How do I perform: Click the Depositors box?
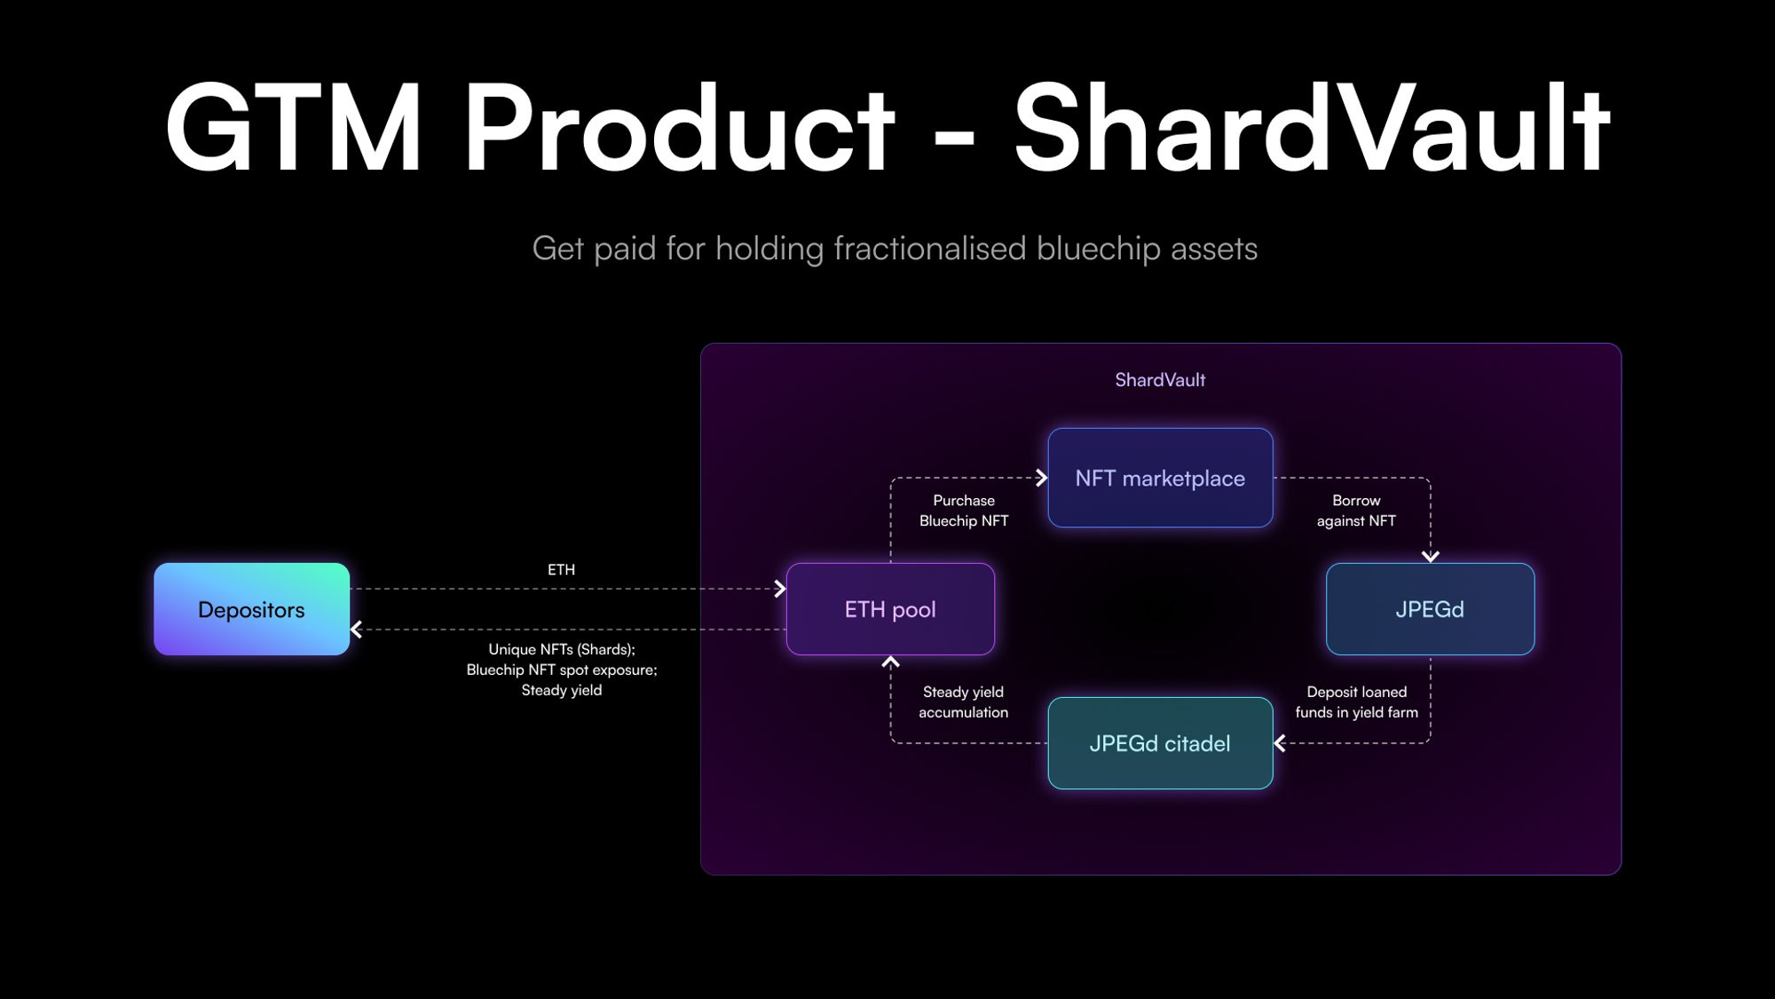click(251, 609)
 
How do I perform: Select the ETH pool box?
click(890, 609)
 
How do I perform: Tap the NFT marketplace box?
click(1160, 479)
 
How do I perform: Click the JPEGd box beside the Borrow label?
click(1430, 609)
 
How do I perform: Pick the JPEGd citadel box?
click(1160, 743)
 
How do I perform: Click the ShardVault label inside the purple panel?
click(1160, 380)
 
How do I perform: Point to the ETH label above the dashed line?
click(561, 570)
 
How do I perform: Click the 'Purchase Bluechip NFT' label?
click(964, 511)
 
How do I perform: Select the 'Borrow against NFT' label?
click(1356, 511)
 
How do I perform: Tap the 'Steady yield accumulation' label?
click(963, 702)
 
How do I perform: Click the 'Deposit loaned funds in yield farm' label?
click(1356, 702)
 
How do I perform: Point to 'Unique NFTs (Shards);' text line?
click(562, 649)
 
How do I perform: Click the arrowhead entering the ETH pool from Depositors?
click(779, 589)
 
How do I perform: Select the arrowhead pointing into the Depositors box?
click(357, 630)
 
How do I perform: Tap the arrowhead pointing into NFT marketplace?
click(1041, 479)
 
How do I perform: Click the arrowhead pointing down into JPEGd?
click(1430, 556)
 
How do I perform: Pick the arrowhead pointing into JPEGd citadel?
click(1280, 743)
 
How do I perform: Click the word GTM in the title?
click(293, 129)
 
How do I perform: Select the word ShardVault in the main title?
click(1312, 129)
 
